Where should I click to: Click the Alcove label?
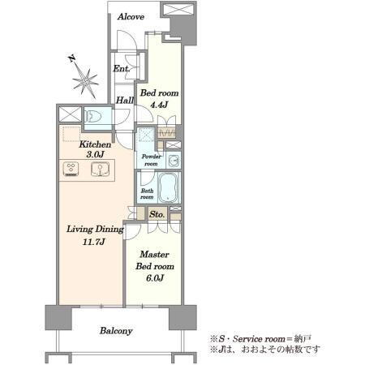coord(131,17)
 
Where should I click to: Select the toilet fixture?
coord(93,118)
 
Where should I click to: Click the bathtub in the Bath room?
coord(168,187)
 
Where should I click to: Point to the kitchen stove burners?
coord(71,169)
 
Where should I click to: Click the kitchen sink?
coord(100,169)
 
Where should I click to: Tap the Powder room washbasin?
coord(174,161)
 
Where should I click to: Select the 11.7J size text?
coord(93,242)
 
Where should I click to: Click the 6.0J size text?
coord(155,277)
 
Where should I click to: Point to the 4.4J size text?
coord(159,105)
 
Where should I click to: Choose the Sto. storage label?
coord(157,214)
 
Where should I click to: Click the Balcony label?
coord(116,331)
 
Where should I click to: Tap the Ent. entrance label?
coord(122,69)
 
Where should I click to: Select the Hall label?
coord(125,101)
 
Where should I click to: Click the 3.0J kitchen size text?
coord(95,154)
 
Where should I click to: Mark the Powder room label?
coord(151,160)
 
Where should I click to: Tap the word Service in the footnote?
coord(246,339)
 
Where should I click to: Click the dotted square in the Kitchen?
coord(71,134)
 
